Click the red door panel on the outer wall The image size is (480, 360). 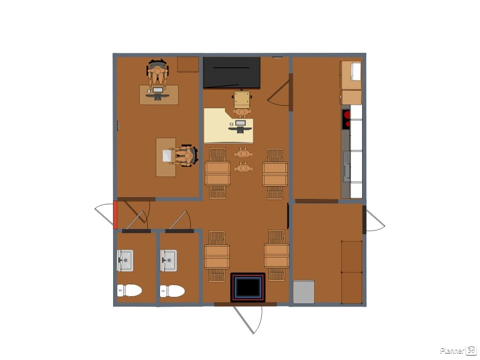click(x=115, y=215)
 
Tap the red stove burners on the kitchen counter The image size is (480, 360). click(x=346, y=119)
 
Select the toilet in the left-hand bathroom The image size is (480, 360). click(x=130, y=290)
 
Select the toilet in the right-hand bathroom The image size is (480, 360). click(x=172, y=291)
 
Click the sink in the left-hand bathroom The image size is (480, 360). click(x=125, y=260)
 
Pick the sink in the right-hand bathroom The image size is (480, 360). click(x=169, y=260)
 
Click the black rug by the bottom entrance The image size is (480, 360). click(x=248, y=287)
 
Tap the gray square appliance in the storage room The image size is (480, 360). click(x=303, y=292)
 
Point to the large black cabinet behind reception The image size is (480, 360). click(x=232, y=73)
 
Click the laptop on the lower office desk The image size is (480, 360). click(x=167, y=156)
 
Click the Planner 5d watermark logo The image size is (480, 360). click(x=458, y=350)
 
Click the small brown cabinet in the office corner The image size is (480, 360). click(x=188, y=65)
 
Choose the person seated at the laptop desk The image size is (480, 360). click(x=183, y=156)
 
